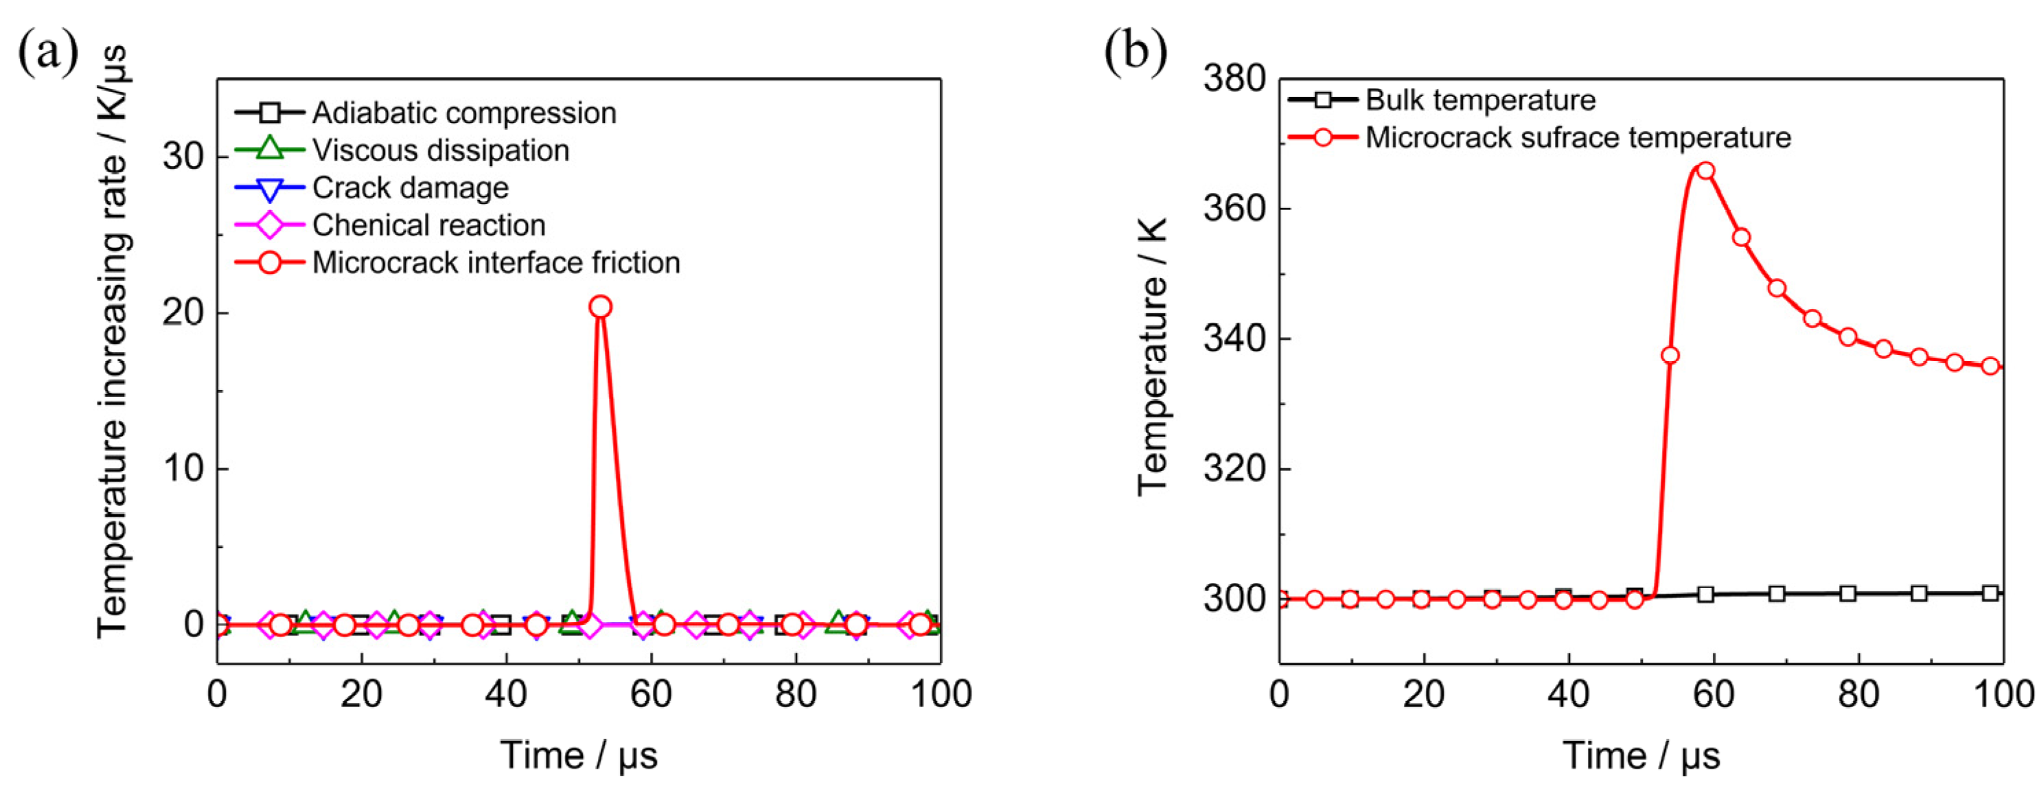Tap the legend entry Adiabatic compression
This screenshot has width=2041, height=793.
coord(463,113)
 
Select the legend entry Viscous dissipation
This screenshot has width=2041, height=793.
coord(440,150)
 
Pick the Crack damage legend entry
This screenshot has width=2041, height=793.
coord(410,187)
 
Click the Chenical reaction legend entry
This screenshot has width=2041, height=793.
coord(428,225)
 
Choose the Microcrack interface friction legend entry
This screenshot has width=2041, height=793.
coord(495,262)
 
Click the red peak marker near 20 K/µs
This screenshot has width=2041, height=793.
coord(601,308)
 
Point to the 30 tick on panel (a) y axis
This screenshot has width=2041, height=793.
coord(184,156)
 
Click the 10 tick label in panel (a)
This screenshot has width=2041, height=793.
coord(184,468)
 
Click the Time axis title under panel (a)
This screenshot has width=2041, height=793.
coord(579,755)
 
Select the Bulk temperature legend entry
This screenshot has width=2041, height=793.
coord(1480,100)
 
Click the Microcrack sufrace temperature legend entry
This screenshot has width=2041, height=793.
coord(1577,137)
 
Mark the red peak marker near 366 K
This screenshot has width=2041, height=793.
coord(1706,171)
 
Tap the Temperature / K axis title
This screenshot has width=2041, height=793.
coord(1153,356)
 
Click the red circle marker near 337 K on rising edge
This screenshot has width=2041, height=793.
coord(1670,355)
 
